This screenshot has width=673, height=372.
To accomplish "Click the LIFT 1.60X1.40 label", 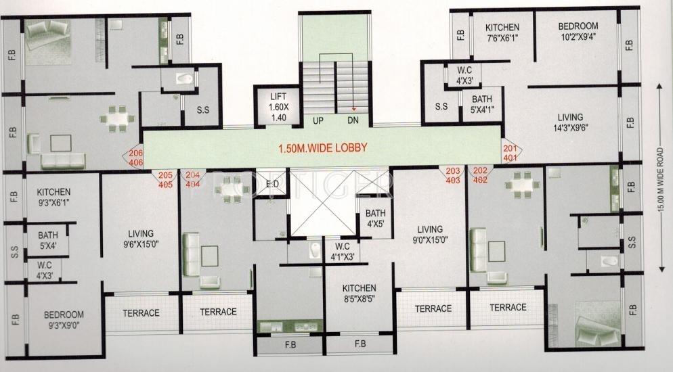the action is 278,107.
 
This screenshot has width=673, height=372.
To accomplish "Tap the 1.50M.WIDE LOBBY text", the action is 323,148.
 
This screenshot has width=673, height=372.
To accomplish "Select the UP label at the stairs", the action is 318,121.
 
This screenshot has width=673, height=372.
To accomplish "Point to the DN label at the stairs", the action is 353,121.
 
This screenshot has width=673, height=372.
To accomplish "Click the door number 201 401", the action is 511,153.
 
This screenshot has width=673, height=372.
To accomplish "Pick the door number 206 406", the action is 135,158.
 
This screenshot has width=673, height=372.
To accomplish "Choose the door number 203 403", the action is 453,175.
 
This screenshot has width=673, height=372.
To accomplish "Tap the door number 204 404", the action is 193,179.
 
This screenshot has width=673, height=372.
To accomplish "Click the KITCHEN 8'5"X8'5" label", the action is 360,294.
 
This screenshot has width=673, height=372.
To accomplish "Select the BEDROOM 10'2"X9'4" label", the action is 578,31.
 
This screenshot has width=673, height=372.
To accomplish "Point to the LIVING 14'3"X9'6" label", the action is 570,122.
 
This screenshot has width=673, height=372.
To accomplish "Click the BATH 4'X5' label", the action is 376,218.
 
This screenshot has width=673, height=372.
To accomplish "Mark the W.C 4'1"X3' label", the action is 342,252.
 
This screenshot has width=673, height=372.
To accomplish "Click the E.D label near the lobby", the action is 272,184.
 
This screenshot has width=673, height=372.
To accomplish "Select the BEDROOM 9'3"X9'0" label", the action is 64,320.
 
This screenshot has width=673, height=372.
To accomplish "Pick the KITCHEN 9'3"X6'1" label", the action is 53,197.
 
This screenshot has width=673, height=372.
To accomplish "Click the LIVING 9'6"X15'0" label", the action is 141,239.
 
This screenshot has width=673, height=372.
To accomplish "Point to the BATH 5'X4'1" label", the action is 482,104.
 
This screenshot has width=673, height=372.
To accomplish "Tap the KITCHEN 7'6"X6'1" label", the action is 502,32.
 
